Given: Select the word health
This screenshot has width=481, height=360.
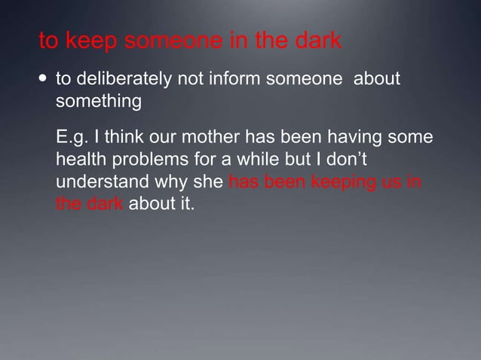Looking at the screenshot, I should pyautogui.click(x=80, y=160).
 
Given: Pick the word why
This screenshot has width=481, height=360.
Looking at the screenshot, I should pyautogui.click(x=179, y=182).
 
